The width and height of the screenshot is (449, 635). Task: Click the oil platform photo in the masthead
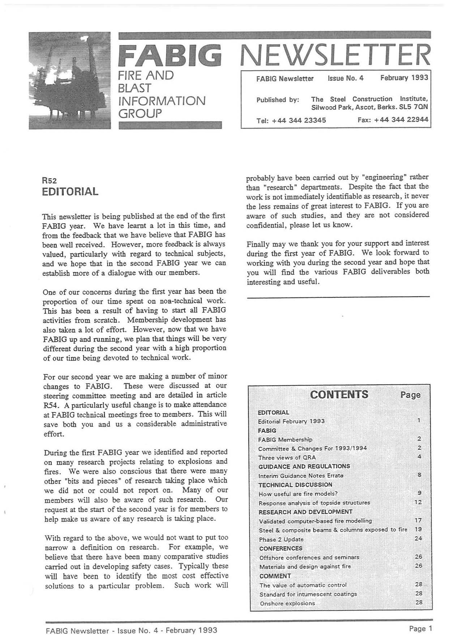[70, 80]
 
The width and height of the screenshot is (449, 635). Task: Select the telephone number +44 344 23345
[304, 120]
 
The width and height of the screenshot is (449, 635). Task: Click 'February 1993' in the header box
[404, 77]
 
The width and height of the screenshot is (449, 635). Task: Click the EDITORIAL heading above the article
[70, 191]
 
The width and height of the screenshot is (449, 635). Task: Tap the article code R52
[50, 180]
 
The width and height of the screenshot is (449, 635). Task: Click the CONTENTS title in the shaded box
[339, 394]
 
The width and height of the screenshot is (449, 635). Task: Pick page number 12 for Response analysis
[418, 502]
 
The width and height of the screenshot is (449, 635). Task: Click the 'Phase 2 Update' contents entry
[281, 539]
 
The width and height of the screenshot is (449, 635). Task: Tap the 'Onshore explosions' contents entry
[287, 603]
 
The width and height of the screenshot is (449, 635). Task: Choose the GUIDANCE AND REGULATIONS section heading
[304, 466]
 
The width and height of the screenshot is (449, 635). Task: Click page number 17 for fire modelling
[418, 520]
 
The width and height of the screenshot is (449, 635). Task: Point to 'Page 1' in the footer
[420, 628]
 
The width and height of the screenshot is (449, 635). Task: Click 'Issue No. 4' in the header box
[345, 78]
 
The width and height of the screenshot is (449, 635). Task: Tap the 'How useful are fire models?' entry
[298, 494]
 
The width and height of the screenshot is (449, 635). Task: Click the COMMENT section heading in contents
[275, 576]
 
